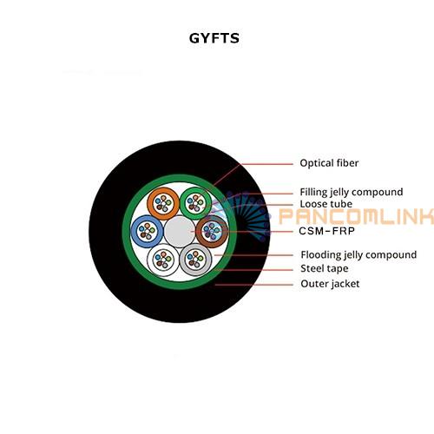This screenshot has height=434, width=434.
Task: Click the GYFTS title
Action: click(214, 38)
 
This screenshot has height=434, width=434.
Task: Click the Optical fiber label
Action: click(329, 163)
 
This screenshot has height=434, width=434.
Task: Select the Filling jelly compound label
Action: click(352, 192)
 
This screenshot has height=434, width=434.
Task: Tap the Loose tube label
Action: click(326, 204)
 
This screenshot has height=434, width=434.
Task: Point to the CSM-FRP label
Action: click(326, 231)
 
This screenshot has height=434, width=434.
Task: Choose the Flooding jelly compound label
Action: click(358, 255)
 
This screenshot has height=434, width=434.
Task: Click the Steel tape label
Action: click(325, 269)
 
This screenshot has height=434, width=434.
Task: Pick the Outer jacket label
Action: click(330, 284)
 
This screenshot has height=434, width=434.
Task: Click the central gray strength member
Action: click(180, 232)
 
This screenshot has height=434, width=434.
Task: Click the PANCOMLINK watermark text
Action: click(356, 216)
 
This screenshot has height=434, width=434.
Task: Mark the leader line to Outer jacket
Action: click(253, 285)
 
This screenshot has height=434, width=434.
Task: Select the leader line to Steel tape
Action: click(253, 270)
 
